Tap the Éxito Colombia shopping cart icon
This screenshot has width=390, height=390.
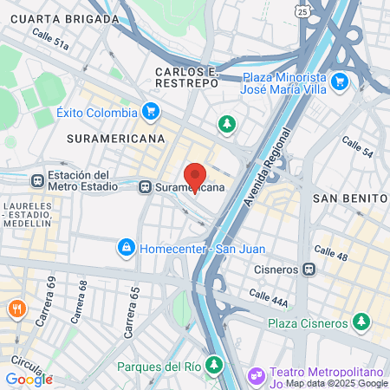pos(151,112)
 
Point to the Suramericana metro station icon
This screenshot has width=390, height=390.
pos(145,185)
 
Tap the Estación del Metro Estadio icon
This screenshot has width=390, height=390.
pos(36,180)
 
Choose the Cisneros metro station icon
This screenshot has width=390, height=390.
pos(309,269)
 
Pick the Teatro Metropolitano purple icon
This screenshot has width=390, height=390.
pos(255,376)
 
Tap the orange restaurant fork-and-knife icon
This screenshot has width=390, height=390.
pos(16,309)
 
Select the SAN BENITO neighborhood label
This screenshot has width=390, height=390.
pos(348,198)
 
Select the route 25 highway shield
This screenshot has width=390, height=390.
pos(301,11)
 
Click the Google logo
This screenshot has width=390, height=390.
pos(29,379)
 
